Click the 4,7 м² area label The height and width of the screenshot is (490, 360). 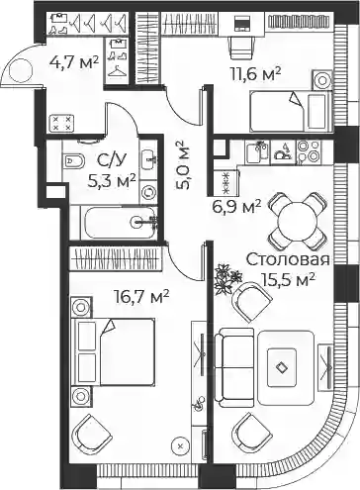pyautogui.click(x=73, y=61)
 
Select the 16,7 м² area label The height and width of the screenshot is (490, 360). pyautogui.click(x=141, y=296)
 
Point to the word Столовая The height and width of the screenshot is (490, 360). pyautogui.click(x=288, y=259)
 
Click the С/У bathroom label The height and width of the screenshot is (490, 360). pyautogui.click(x=112, y=160)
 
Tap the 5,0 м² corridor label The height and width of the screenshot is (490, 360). pyautogui.click(x=182, y=165)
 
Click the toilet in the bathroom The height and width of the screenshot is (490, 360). pyautogui.click(x=73, y=161)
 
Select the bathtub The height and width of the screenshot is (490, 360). pyautogui.click(x=119, y=223)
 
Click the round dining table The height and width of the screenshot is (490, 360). pyautogui.click(x=299, y=221)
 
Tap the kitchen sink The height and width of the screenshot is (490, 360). pyautogui.click(x=258, y=151)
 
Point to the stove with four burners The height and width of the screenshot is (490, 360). pyautogui.click(x=309, y=151)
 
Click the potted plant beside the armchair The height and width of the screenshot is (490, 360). pyautogui.click(x=226, y=278)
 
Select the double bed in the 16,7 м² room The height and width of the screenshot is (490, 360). pyautogui.click(x=114, y=351)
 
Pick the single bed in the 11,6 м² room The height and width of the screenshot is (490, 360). pyautogui.click(x=290, y=111)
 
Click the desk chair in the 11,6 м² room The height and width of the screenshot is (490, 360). pyautogui.click(x=242, y=48)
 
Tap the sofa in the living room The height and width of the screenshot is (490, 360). pyautogui.click(x=234, y=364)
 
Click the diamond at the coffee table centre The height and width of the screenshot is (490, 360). pyautogui.click(x=281, y=367)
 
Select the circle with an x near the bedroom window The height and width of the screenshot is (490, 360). pyautogui.click(x=180, y=446)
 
